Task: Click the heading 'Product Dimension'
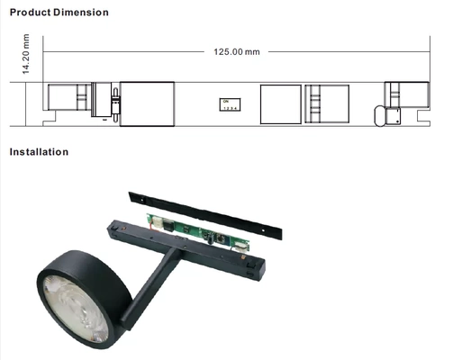[59, 13]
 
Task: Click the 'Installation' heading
[39, 151]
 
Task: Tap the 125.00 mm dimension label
[235, 52]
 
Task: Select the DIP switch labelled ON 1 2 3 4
[231, 104]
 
